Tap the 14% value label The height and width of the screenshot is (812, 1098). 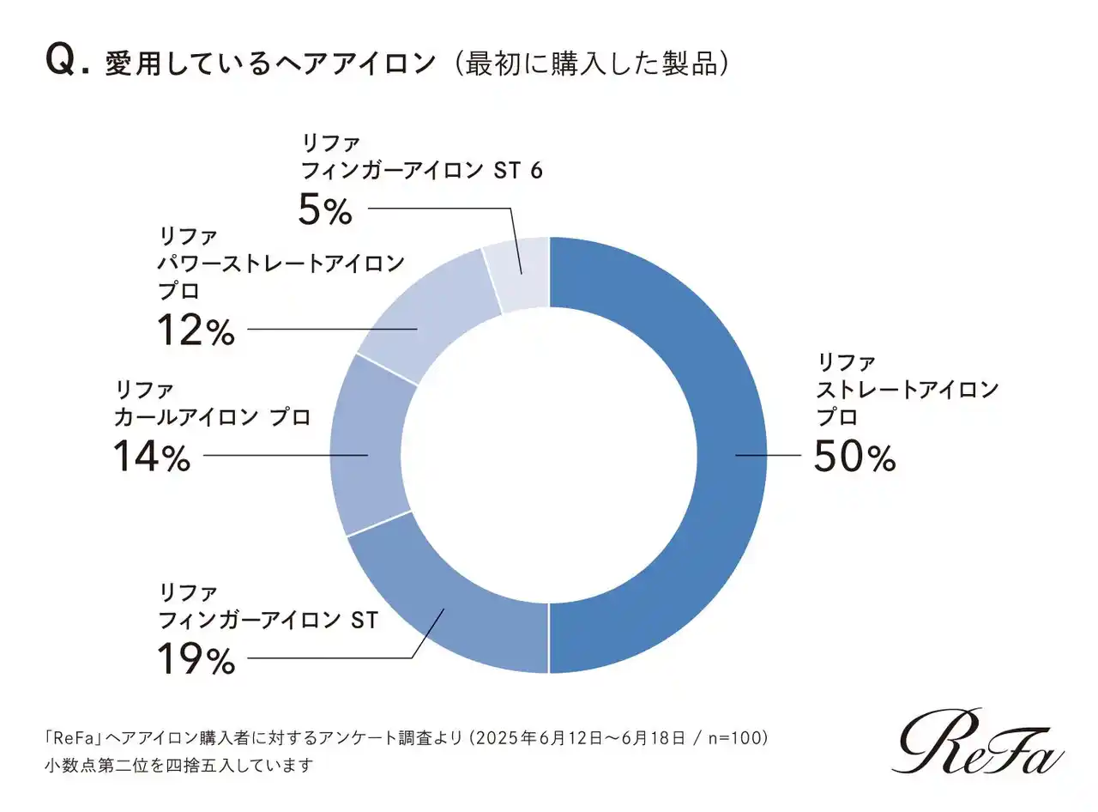coord(152,456)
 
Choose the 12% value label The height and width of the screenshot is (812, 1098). coord(196,330)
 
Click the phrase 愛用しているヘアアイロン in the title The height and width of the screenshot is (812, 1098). coord(270,64)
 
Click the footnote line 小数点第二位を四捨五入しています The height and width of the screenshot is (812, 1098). coord(179,764)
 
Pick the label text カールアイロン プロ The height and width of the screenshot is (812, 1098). coord(212,417)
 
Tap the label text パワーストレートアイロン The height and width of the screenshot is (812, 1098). coord(281,263)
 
